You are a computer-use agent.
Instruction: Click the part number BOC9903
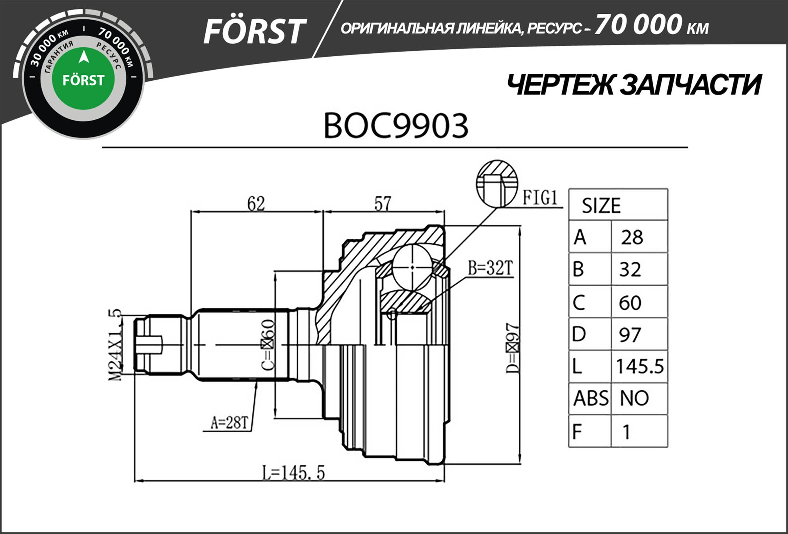pyautogui.click(x=396, y=126)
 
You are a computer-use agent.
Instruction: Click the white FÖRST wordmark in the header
pyautogui.click(x=254, y=32)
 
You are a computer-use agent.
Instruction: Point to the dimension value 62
pyautogui.click(x=256, y=203)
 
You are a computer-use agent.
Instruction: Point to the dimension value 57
pyautogui.click(x=383, y=203)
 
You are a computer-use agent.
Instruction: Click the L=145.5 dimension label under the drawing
pyautogui.click(x=294, y=473)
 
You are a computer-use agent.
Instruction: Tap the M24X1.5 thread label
pyautogui.click(x=115, y=345)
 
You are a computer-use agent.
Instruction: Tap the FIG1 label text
pyautogui.click(x=540, y=197)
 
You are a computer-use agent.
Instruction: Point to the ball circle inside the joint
pyautogui.click(x=412, y=267)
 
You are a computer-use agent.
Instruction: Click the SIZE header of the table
pyautogui.click(x=601, y=205)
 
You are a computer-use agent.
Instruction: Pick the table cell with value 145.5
pyautogui.click(x=639, y=366)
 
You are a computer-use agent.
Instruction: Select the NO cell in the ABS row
pyautogui.click(x=634, y=398)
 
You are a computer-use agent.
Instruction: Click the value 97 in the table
pyautogui.click(x=630, y=335)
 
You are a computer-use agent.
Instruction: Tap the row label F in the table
pyautogui.click(x=578, y=432)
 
